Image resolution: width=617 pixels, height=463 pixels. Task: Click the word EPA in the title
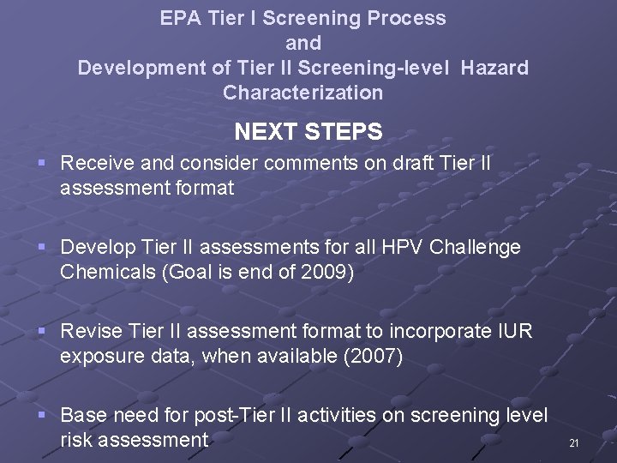[177, 18]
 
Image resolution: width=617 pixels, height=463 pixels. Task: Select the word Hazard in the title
[494, 67]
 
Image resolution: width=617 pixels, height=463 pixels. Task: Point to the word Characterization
[303, 92]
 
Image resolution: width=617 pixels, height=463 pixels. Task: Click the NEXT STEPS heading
[308, 131]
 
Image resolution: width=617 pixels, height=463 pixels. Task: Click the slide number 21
[573, 443]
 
